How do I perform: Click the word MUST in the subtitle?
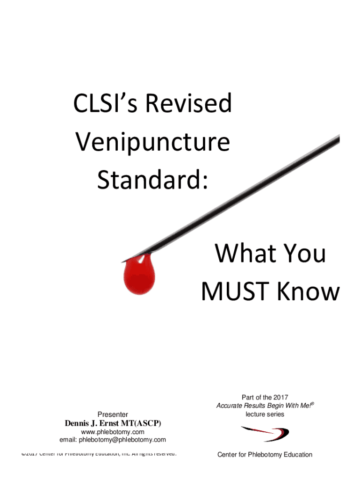235,291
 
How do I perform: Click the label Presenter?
113,414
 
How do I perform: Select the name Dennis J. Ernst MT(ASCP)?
113,423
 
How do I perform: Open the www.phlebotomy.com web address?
113,432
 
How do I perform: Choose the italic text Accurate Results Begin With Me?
263,406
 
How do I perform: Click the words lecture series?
265,414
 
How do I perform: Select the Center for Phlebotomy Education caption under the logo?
265,455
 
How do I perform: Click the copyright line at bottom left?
100,453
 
